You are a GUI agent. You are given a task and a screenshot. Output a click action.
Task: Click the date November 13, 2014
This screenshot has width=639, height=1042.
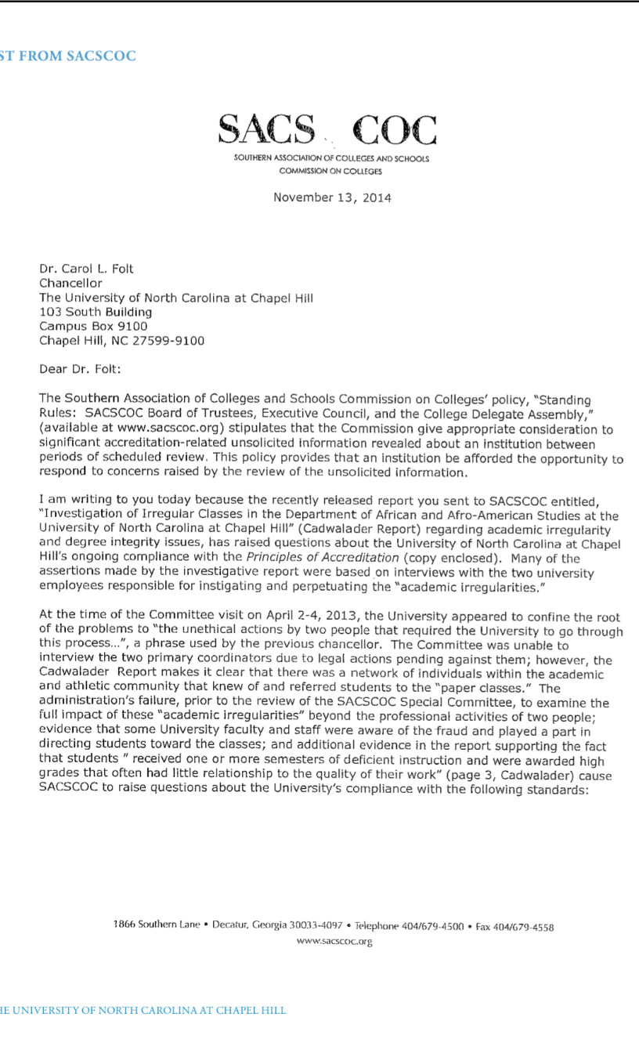coord(332,197)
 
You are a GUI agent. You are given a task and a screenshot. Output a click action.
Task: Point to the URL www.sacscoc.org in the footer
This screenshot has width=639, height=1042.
coord(334,941)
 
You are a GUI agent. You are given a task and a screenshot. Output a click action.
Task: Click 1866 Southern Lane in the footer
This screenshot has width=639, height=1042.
coord(157,924)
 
